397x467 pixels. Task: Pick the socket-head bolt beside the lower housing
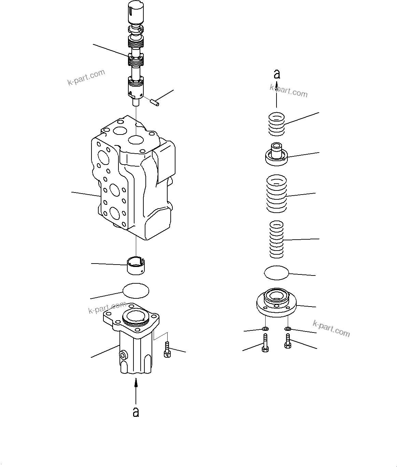point(167,350)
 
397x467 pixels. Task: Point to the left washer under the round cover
point(265,329)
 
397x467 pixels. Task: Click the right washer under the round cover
point(287,329)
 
